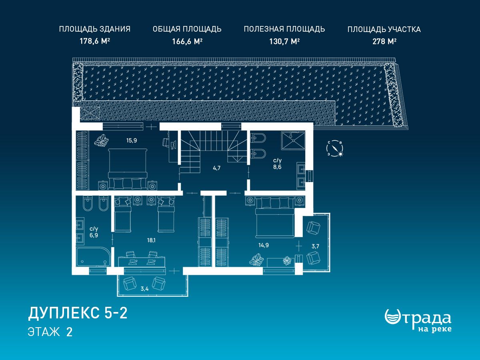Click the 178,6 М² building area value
pyautogui.click(x=95, y=41)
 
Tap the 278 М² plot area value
pyautogui.click(x=384, y=41)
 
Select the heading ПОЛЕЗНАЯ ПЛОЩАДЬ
pyautogui.click(x=284, y=29)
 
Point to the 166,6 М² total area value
pyautogui.click(x=187, y=41)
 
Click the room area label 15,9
pyautogui.click(x=132, y=140)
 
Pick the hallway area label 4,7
pyautogui.click(x=216, y=168)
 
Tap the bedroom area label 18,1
pyautogui.click(x=151, y=240)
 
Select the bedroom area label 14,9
pyautogui.click(x=264, y=245)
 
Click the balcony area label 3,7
pyautogui.click(x=315, y=246)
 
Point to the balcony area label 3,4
pyautogui.click(x=144, y=289)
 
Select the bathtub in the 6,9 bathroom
pyautogui.click(x=94, y=257)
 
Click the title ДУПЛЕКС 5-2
pyautogui.click(x=78, y=313)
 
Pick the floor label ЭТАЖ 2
pyautogui.click(x=50, y=332)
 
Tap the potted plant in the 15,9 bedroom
pyautogui.click(x=102, y=140)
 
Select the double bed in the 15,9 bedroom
pyautogui.click(x=128, y=169)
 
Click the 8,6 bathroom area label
pyautogui.click(x=277, y=164)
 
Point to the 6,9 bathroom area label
pyautogui.click(x=94, y=232)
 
